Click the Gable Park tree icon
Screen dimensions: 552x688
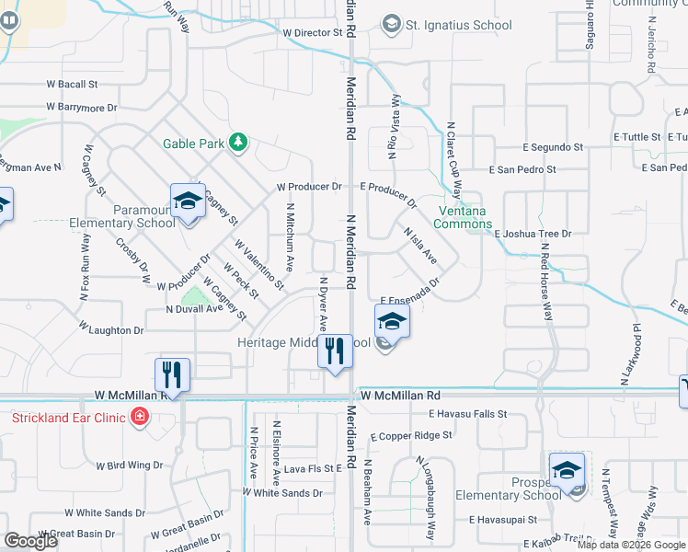pyautogui.click(x=239, y=142)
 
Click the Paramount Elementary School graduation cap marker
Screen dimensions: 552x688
pyautogui.click(x=188, y=201)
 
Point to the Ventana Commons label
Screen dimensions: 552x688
pyautogui.click(x=463, y=217)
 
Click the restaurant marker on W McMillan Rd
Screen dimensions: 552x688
pyautogui.click(x=172, y=374)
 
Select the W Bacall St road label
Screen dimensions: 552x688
pyautogui.click(x=73, y=84)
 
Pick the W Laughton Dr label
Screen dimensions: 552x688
pyautogui.click(x=111, y=328)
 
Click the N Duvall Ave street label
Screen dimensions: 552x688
pyautogui.click(x=194, y=309)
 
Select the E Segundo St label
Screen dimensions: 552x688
pyautogui.click(x=552, y=147)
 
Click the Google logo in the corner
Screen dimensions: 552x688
pyautogui.click(x=30, y=541)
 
